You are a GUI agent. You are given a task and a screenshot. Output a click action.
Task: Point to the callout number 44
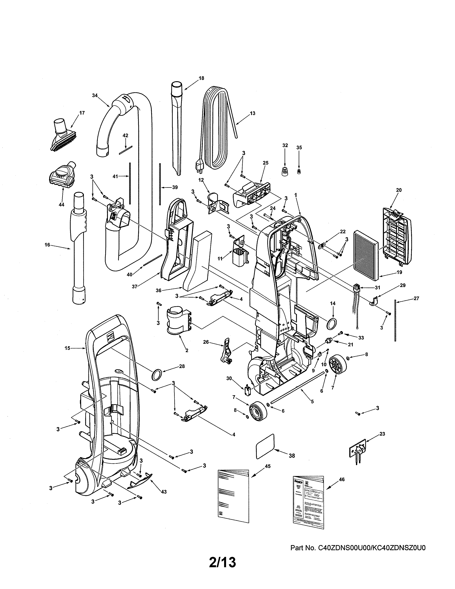point(61,205)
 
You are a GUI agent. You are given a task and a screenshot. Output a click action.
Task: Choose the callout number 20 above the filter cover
point(399,190)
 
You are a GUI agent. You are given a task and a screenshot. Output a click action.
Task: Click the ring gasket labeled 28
point(157,375)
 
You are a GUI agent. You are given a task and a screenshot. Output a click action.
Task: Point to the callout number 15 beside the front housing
point(67,348)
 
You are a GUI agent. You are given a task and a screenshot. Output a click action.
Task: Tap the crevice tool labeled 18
point(176,129)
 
